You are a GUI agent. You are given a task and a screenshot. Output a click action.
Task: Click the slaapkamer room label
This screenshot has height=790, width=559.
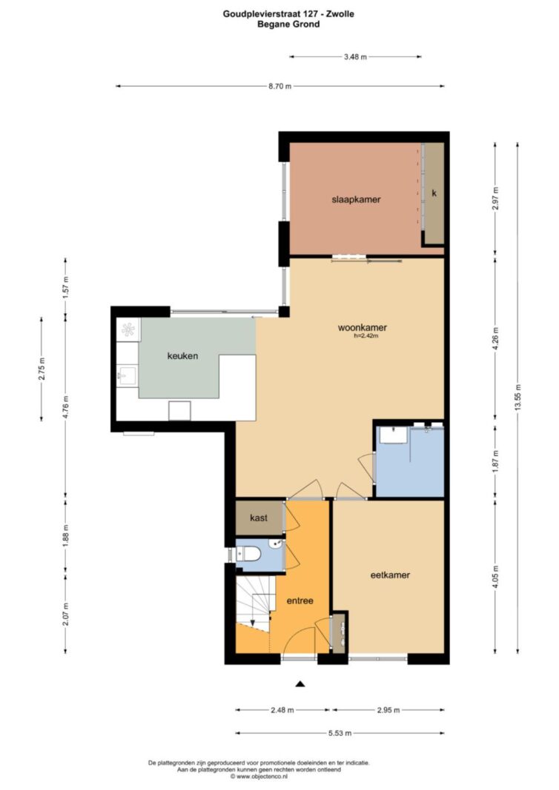(356, 199)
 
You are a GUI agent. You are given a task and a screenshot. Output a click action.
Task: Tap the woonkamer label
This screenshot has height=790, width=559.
(362, 328)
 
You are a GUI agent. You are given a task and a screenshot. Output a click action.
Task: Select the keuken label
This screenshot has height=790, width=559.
(182, 355)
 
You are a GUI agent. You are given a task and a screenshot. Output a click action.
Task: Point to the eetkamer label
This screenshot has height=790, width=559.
(390, 575)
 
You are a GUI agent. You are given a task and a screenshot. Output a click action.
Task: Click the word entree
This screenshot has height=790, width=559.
(300, 600)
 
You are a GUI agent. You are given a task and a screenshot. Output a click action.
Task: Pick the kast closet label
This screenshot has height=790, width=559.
(259, 518)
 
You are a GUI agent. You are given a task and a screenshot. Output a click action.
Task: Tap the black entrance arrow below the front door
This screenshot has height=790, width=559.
(300, 683)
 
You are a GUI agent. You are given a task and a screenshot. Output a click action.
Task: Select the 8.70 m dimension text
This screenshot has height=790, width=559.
(279, 86)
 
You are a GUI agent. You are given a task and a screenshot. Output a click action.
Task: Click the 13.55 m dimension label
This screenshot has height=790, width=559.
(517, 398)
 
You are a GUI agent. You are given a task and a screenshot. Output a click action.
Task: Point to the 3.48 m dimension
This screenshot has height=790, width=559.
(355, 57)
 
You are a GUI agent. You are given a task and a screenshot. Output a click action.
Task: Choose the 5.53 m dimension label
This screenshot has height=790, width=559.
(340, 733)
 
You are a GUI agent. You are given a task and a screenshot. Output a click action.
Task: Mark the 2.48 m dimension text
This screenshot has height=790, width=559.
(282, 710)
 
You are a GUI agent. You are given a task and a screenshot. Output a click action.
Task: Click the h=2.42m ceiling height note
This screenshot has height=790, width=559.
(365, 335)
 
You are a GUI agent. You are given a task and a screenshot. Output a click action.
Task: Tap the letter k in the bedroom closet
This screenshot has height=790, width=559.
(434, 193)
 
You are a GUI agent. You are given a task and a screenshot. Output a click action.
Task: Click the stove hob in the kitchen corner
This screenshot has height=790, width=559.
(128, 330)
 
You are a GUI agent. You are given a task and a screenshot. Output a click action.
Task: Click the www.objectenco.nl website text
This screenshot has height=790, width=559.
(258, 777)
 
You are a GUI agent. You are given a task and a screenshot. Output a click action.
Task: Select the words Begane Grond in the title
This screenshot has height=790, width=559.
(288, 24)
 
